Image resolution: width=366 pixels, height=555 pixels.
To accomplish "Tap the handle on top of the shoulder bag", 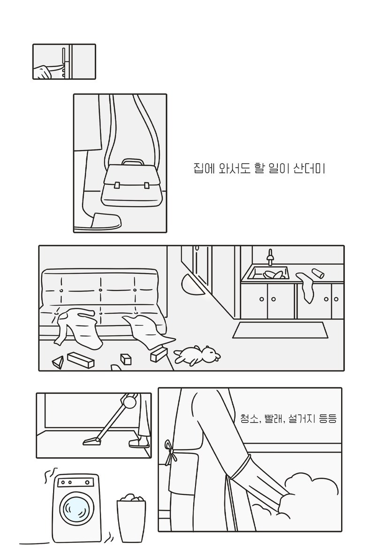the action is click(x=133, y=162).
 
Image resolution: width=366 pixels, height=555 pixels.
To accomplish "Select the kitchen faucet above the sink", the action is click(x=271, y=257).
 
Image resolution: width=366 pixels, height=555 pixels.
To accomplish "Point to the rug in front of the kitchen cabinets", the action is click(x=281, y=330).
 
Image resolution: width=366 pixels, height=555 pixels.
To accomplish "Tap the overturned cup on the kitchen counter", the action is click(x=318, y=273).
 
